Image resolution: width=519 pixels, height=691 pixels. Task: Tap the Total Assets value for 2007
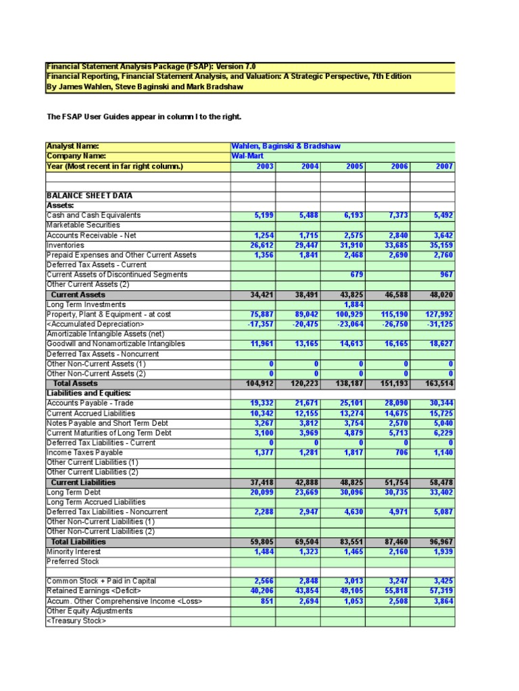[x=439, y=383]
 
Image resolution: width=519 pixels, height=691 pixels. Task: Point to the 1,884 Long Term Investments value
[x=351, y=304]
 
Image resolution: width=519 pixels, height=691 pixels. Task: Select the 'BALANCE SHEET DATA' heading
[x=89, y=196]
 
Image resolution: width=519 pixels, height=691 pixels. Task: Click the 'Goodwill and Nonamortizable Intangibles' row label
[x=116, y=343]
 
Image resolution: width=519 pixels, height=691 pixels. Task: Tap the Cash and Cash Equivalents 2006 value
[x=397, y=215]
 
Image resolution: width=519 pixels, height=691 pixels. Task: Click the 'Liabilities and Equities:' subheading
[x=89, y=393]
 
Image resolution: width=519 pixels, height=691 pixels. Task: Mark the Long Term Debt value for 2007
[x=440, y=492]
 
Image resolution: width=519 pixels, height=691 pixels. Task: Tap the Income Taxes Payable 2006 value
[x=401, y=452]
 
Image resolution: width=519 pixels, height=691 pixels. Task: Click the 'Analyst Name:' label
[x=72, y=146]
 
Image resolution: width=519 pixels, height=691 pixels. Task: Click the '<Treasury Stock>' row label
[x=76, y=621]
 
